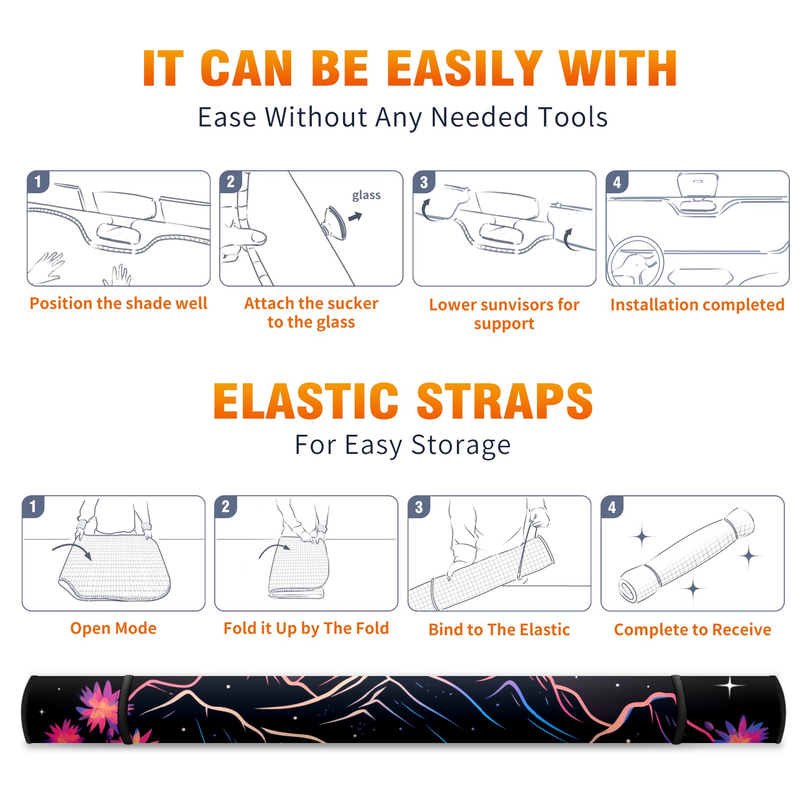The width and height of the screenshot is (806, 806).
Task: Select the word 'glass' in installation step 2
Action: coord(366,195)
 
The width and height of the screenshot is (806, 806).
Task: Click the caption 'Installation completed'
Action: coord(697,305)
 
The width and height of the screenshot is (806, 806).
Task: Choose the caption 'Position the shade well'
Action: coord(118,303)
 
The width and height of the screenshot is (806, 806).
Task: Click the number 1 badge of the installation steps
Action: coord(38,181)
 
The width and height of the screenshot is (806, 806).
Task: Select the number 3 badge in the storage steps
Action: coord(419,507)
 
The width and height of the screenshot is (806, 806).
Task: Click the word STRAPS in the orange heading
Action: coord(505,401)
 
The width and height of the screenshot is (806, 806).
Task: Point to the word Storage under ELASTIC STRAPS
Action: coord(461,445)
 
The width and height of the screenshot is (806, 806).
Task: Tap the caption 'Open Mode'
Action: coord(113,628)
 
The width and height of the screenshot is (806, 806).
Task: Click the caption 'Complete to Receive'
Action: coord(693,630)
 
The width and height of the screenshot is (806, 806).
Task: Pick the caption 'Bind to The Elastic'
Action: coord(499,630)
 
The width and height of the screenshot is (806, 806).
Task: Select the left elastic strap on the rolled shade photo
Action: coord(126,709)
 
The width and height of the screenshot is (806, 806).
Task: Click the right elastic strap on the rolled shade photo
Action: coord(678,709)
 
